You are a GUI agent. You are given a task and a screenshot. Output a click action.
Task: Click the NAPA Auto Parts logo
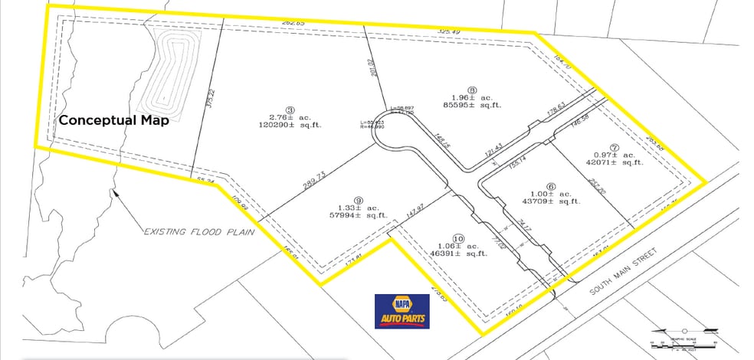point(402,311)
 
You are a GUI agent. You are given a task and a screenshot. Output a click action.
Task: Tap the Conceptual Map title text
point(114,120)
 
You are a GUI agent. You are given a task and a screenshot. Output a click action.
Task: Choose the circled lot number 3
point(290,110)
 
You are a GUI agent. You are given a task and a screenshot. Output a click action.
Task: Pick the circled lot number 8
point(472,89)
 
